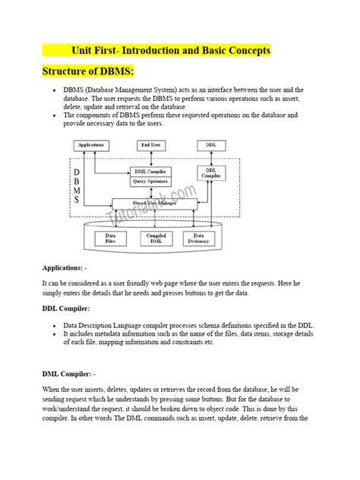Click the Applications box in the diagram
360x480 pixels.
tap(92, 145)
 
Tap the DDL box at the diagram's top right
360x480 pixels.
tap(210, 145)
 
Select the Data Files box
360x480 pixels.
tap(109, 239)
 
